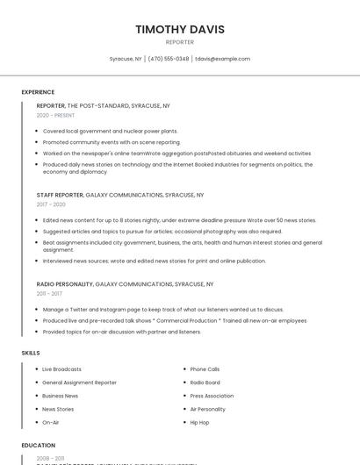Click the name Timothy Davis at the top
180,29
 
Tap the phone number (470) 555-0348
169,59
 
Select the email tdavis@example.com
222,59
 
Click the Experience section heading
38,92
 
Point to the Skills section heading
31,353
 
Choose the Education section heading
39,445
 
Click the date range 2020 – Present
55,115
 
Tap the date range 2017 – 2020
51,204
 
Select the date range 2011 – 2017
49,294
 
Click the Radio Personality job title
64,284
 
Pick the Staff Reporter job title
60,195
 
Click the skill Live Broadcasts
61,369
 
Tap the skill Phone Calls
205,369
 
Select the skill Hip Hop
199,422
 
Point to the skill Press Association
212,396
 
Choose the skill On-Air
51,422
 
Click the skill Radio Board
205,383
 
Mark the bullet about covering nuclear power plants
110,131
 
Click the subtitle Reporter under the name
180,42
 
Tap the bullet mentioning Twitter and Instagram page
162,309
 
